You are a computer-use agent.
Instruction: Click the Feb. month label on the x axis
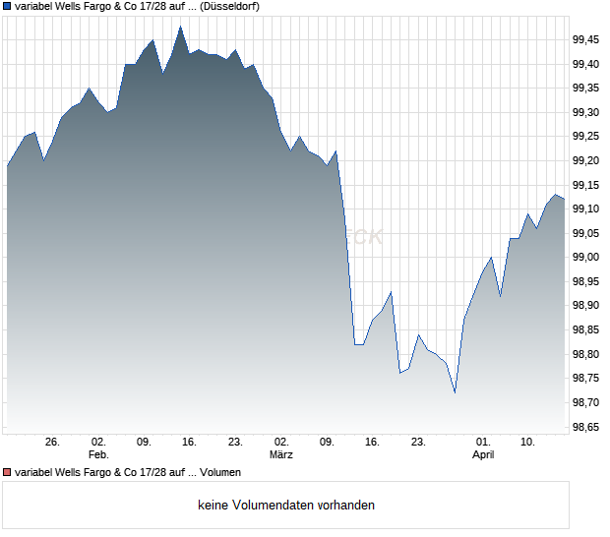(x=97, y=455)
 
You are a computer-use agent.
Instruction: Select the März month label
(x=281, y=455)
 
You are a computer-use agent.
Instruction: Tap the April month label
(x=483, y=455)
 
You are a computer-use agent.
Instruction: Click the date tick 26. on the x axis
(x=52, y=443)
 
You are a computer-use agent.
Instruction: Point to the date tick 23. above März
(x=235, y=443)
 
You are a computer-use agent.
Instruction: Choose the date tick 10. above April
(x=528, y=443)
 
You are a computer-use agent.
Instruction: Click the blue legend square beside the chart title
(x=8, y=7)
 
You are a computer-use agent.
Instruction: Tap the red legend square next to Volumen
(x=8, y=473)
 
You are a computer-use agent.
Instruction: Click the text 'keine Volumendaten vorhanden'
(x=286, y=506)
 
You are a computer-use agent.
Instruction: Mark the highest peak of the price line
(x=180, y=27)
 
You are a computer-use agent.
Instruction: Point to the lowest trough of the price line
(x=455, y=392)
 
